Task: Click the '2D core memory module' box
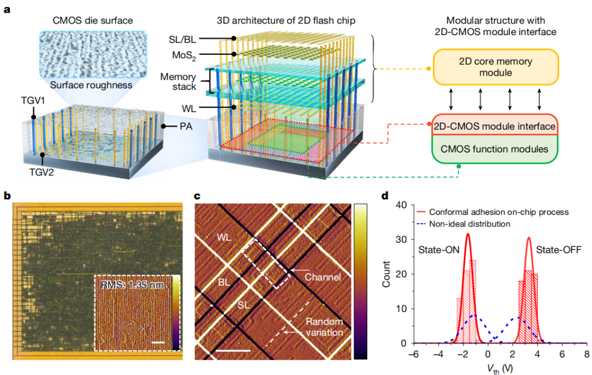495,66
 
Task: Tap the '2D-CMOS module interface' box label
495,127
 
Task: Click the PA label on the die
186,127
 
